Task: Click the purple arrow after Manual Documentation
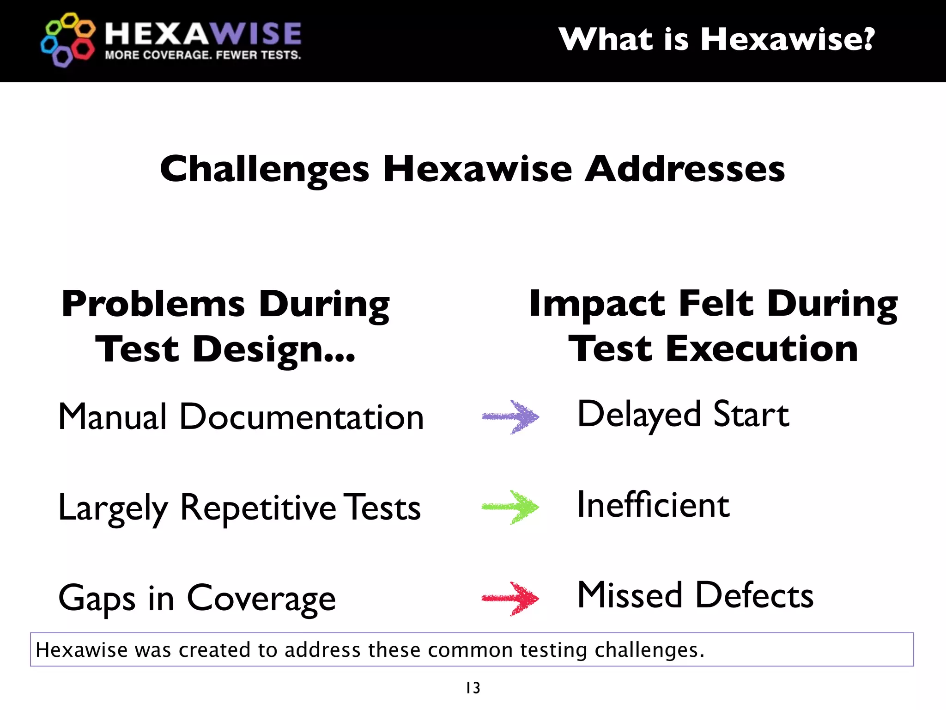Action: pos(510,417)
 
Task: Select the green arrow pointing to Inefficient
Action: pos(510,507)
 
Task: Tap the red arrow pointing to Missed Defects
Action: pos(510,599)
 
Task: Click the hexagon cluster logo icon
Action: pos(68,40)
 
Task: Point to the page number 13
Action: pos(473,688)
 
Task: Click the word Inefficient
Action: pos(653,505)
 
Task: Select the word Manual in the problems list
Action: pos(112,417)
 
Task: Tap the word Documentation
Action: pos(301,417)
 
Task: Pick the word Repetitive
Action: pos(258,508)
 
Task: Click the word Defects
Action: pos(754,595)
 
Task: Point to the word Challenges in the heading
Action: pos(264,170)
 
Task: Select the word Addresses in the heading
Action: pos(685,169)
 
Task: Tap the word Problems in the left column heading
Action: pos(153,305)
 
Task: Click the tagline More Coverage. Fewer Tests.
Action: pos(203,55)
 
